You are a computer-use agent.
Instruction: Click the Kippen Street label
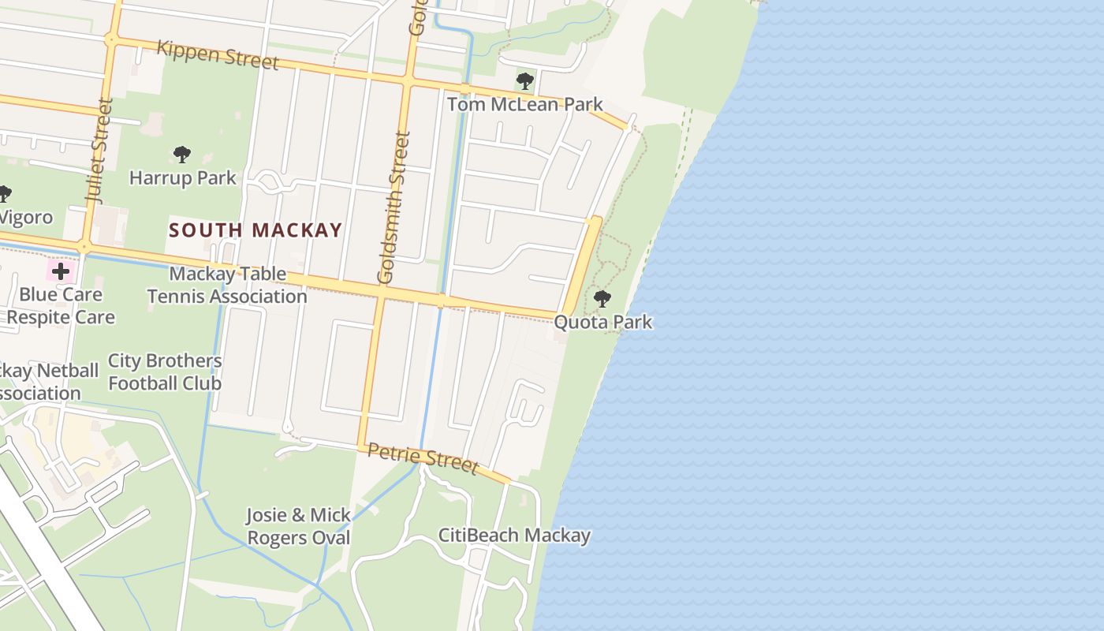tap(218, 54)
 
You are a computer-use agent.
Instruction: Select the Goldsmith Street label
tap(395, 207)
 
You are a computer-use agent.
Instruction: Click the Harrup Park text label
tap(183, 177)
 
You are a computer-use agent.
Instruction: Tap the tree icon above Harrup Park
tap(182, 154)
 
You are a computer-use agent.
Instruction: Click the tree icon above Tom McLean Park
tap(525, 80)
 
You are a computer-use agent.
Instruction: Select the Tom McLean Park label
tap(525, 104)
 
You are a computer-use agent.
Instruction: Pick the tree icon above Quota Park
tap(602, 299)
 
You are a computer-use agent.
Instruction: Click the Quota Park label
tap(603, 322)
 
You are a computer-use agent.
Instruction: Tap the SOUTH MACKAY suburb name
tap(255, 230)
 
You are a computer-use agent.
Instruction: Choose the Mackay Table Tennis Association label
tap(227, 285)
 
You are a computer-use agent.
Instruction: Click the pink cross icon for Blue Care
tap(61, 272)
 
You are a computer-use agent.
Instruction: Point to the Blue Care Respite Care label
tap(61, 306)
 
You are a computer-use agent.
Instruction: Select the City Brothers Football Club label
tap(165, 372)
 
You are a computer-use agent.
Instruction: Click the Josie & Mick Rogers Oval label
tap(299, 526)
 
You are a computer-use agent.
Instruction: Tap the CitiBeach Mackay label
tap(514, 535)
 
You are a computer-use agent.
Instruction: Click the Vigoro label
tap(26, 217)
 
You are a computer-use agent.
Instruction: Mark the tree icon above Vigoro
tap(4, 193)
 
